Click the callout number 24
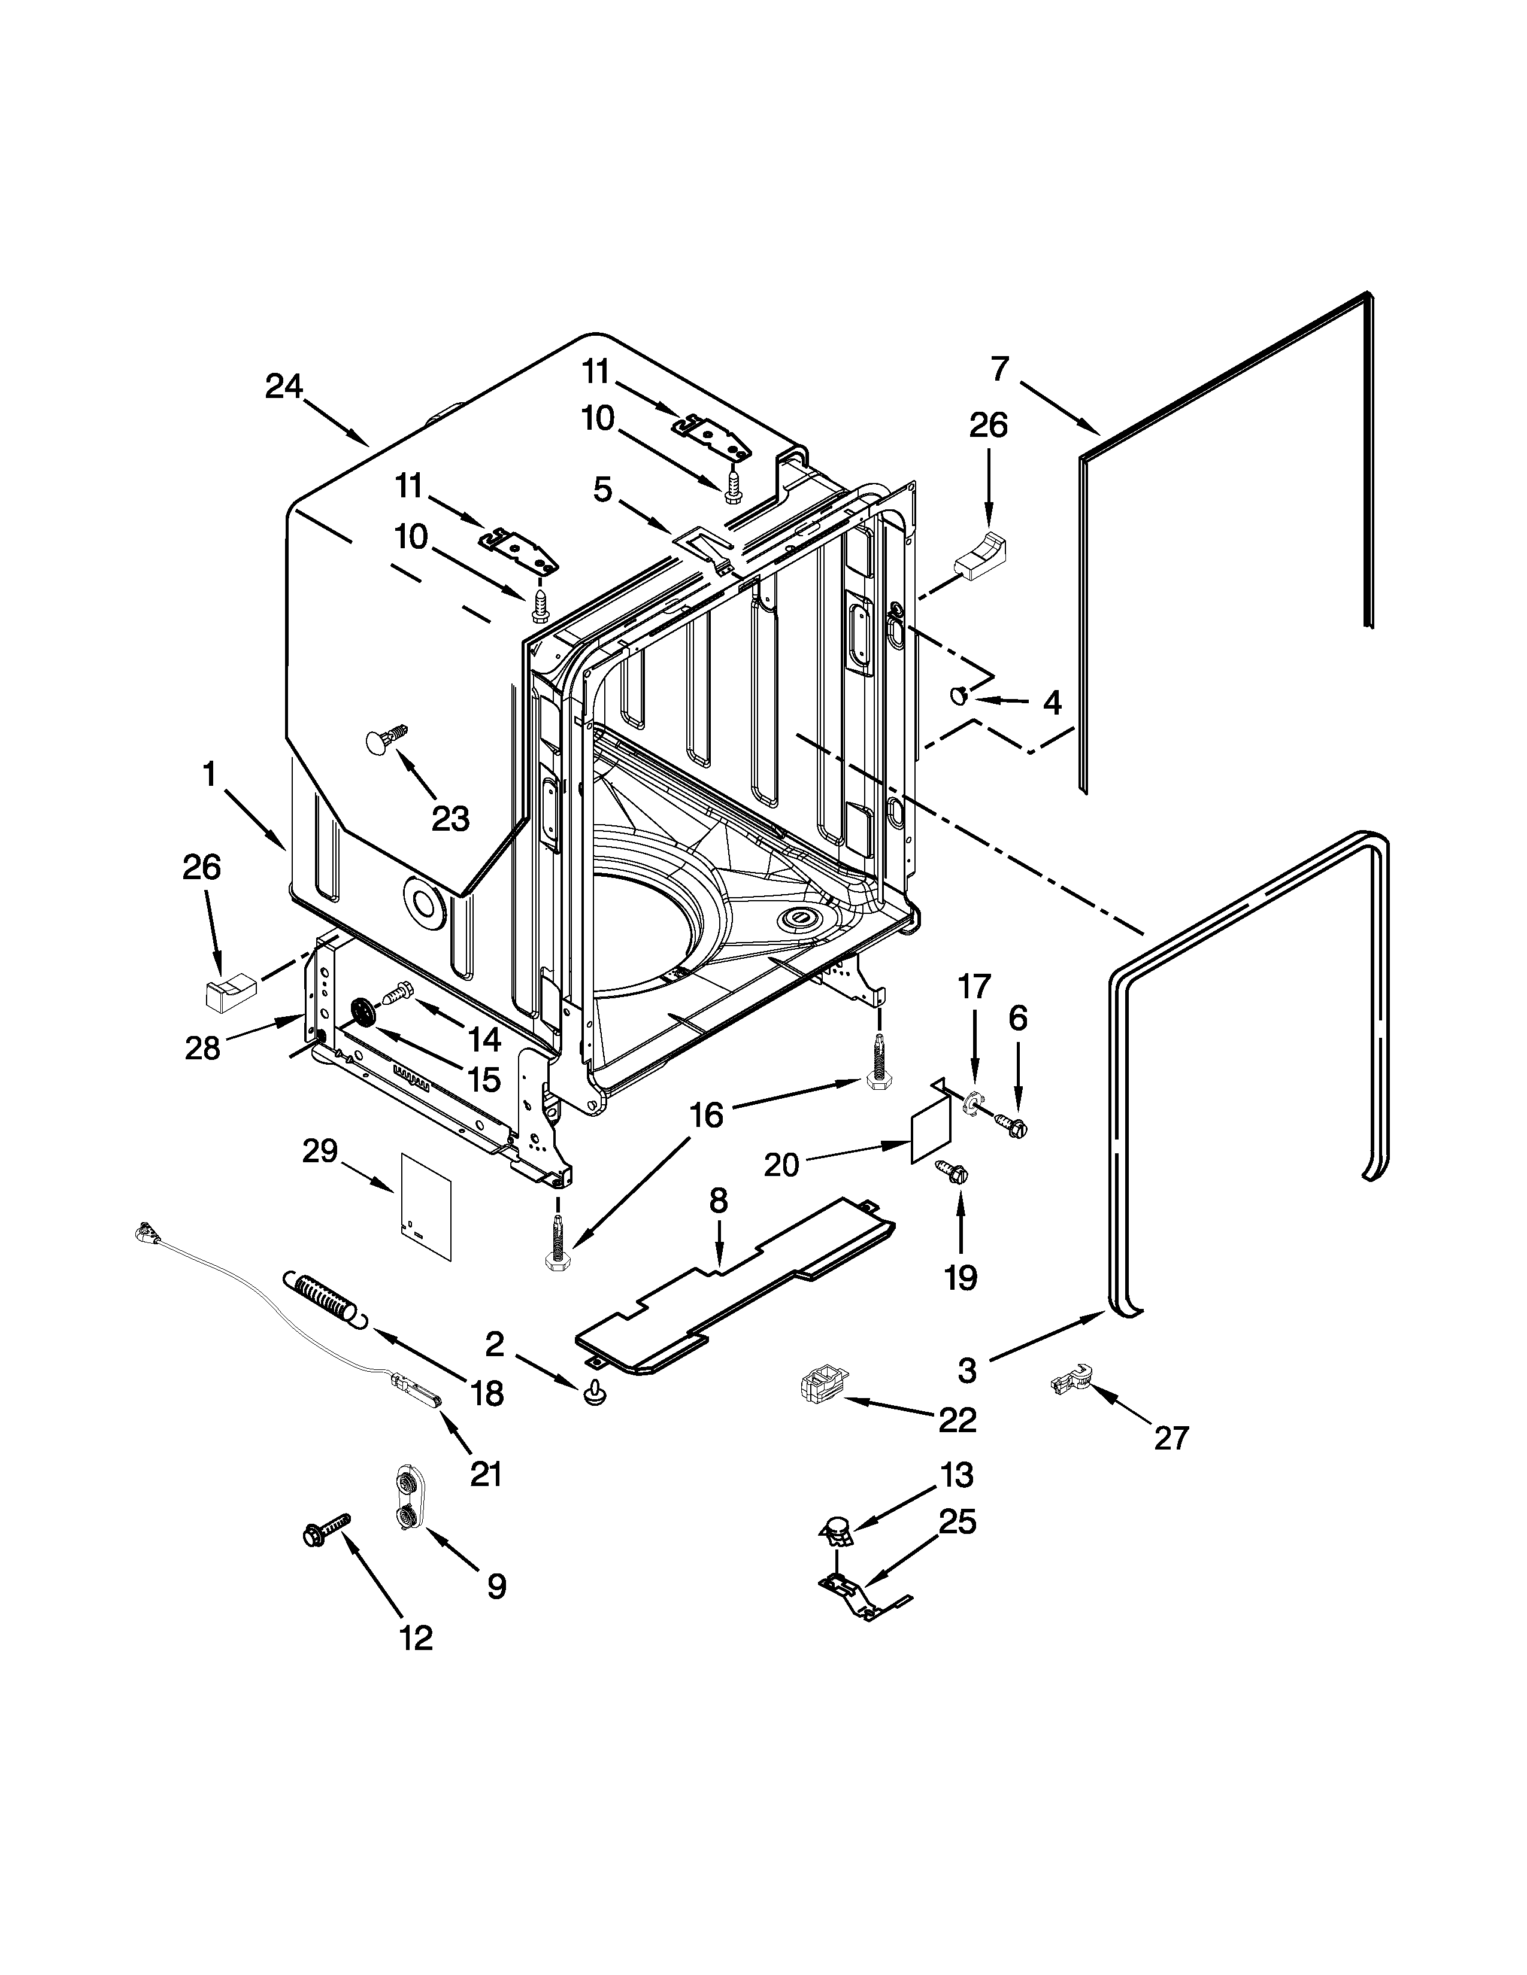283,387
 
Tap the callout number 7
999,369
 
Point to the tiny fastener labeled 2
595,1394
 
